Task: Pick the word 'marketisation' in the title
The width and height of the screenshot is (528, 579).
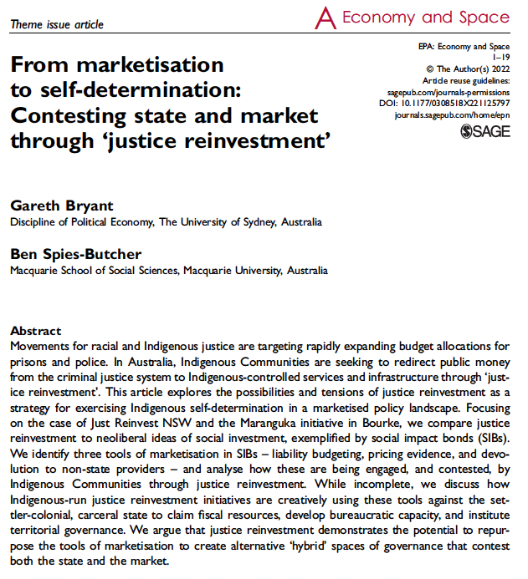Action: pyautogui.click(x=153, y=64)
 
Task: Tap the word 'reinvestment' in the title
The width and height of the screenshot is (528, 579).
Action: pyautogui.click(x=262, y=140)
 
